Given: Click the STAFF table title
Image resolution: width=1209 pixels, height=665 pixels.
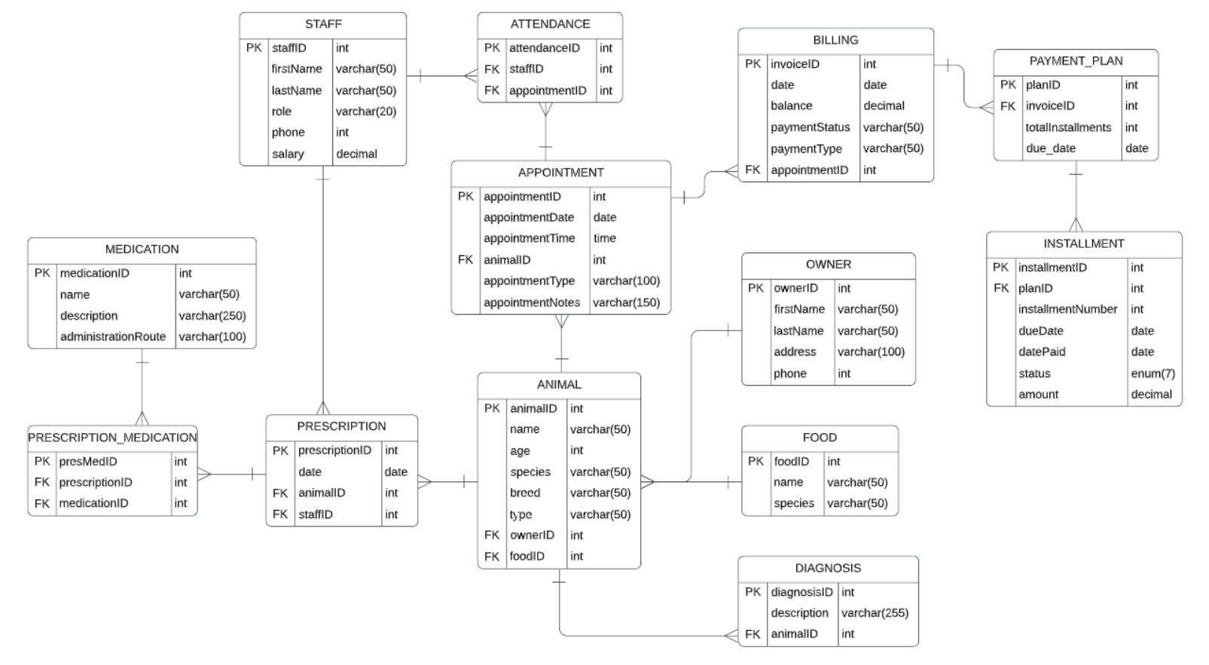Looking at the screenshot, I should coord(323,24).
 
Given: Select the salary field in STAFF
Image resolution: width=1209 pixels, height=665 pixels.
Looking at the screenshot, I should coord(288,154).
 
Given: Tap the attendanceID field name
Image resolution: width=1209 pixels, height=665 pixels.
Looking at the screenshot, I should coord(545,47).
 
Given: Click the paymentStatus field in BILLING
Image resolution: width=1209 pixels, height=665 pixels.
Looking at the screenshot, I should coord(810,127).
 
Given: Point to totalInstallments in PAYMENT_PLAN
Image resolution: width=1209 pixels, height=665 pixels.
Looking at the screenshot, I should coord(1068,127).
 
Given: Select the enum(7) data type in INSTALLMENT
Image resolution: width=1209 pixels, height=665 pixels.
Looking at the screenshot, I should coord(1153,374).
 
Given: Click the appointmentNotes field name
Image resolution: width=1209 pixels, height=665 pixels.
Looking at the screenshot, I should coord(532,302).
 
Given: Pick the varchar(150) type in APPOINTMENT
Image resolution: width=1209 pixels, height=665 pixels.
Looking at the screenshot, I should coord(626,302).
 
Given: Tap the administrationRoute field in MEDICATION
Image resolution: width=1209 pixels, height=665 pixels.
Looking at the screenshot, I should coord(113,337).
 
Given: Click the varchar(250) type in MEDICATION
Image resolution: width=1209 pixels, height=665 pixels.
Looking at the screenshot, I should coord(212,316).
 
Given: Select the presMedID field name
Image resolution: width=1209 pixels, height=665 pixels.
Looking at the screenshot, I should coord(88,461).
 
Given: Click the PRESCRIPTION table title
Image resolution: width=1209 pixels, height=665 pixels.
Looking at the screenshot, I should coord(341,426).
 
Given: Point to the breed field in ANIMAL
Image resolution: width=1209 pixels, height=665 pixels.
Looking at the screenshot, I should coord(525,493).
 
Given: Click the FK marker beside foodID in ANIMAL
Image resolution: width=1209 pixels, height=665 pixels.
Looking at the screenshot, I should coord(492,557).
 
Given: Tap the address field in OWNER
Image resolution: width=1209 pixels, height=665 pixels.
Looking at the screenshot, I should coord(795,352).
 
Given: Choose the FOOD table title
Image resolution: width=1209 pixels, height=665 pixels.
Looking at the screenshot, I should coord(820,438).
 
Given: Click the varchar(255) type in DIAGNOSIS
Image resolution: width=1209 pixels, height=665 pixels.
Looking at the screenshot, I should coord(875,613).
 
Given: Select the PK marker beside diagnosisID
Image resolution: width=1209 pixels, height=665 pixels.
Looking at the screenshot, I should coord(753,592).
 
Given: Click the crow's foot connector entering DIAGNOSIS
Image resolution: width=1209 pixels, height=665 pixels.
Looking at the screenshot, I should coord(731,636).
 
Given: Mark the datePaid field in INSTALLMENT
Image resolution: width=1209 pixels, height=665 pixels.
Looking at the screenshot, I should coord(1042,352).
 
